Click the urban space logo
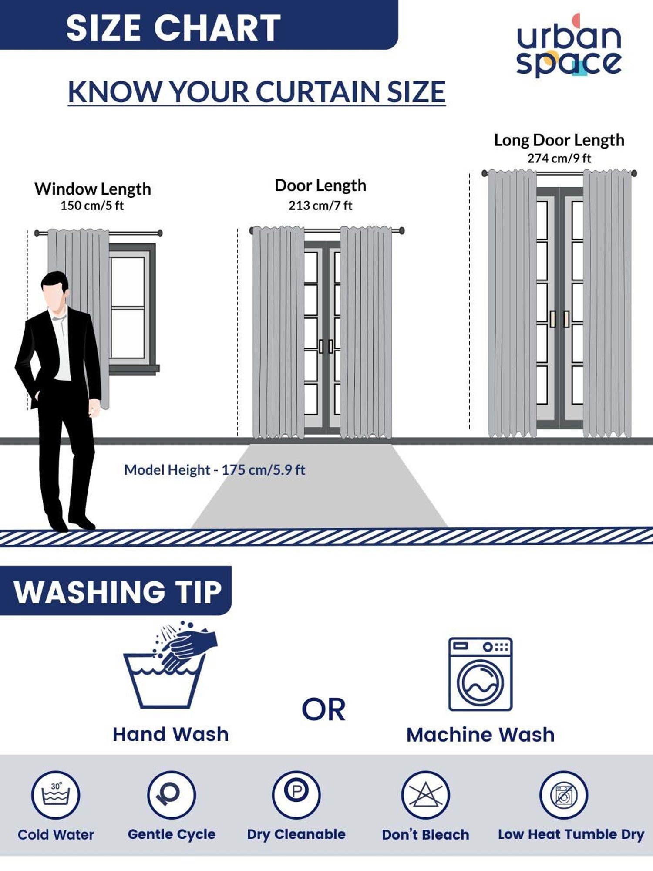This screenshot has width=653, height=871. (x=569, y=45)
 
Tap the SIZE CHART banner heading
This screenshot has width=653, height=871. (x=173, y=28)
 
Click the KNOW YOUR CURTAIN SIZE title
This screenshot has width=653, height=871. (x=257, y=92)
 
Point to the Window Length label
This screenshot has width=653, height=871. (x=93, y=189)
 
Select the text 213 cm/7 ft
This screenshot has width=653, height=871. (x=320, y=205)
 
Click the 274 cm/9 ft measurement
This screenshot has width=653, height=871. (x=559, y=158)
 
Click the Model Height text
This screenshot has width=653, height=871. (x=215, y=470)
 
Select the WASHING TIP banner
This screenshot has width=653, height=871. (x=116, y=591)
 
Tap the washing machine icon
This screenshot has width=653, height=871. (x=481, y=674)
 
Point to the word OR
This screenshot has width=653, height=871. (x=324, y=710)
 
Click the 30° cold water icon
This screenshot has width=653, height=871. (x=56, y=795)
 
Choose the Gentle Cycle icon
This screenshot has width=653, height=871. (x=172, y=795)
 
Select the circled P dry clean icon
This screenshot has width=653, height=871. (x=296, y=795)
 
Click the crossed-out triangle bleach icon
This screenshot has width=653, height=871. (x=425, y=795)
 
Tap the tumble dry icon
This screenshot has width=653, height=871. (x=564, y=795)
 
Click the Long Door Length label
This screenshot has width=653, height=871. (x=559, y=140)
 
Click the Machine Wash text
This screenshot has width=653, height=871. (x=481, y=735)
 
